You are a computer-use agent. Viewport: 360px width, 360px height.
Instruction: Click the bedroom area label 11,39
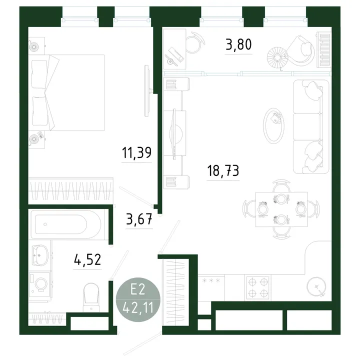pos(136,153)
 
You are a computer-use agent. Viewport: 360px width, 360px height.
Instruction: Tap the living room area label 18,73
pos(223,171)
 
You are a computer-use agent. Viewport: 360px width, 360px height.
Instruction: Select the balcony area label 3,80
pos(239,44)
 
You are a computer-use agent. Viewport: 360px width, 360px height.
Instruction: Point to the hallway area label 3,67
pos(139,219)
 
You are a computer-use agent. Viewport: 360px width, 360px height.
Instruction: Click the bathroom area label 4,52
pos(87,259)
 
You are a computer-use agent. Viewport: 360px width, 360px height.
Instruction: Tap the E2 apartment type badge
pos(138,299)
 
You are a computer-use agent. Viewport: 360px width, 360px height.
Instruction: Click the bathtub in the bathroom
pos(66,224)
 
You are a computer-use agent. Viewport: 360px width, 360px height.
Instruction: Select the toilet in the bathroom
pos(91,297)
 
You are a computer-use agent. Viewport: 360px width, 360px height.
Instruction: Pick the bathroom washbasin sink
pos(40,255)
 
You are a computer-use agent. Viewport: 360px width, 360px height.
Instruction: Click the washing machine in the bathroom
pos(40,284)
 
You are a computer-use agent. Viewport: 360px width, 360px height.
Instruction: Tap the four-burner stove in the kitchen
pos(258,287)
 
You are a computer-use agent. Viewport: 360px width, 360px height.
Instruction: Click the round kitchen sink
pos(316,286)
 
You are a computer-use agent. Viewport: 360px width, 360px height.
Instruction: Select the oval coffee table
pos(273,126)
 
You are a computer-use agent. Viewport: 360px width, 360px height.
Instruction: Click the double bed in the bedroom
pos(66,93)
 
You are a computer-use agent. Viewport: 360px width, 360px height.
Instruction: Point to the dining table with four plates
pos(281,209)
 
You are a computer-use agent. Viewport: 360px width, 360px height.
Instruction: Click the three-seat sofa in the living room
pos(311,126)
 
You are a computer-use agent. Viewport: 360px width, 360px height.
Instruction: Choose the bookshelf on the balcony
pos(324,50)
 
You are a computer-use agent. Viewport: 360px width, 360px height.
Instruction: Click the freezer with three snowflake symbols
pos(211,287)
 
